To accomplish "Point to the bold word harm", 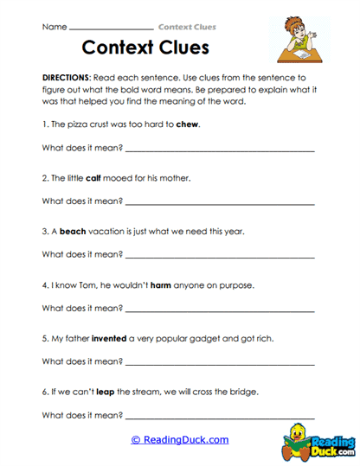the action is [161, 285].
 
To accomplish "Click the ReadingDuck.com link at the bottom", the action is [179, 440].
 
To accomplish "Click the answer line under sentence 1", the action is [220, 150].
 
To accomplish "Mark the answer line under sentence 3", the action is [220, 258].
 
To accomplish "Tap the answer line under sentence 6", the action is [220, 418].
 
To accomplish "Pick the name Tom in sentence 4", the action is [81, 285].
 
